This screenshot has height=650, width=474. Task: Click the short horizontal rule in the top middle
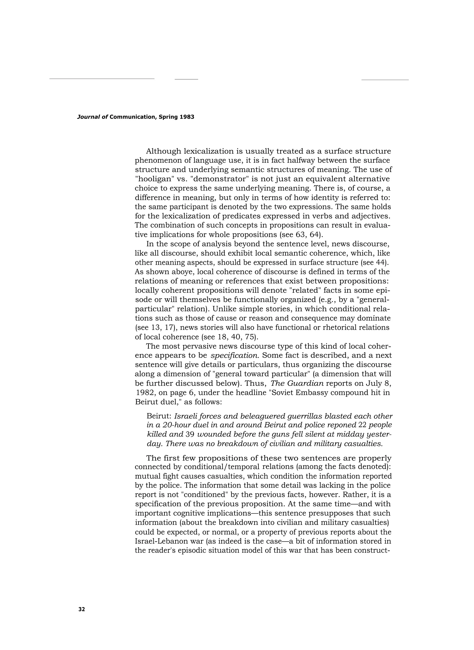[x=186, y=79]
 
